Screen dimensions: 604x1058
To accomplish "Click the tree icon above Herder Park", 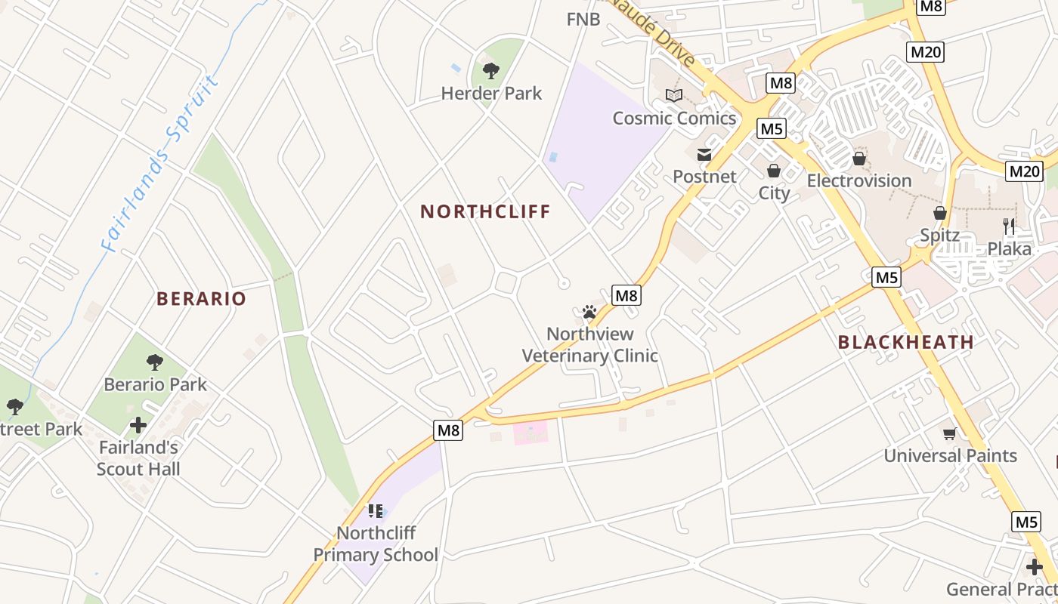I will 491,71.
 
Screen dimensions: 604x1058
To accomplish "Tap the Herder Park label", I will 491,94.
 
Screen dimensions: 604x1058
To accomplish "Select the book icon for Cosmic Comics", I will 673,95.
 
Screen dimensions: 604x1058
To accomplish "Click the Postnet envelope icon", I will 704,155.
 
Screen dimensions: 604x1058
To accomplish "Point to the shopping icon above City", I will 773,171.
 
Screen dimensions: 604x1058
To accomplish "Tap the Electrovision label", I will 859,181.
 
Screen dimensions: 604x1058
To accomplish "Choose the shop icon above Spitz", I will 940,213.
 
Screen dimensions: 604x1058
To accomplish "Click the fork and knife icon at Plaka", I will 1009,226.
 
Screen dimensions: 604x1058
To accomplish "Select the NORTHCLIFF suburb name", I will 485,211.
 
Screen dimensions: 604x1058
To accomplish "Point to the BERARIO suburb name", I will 201,298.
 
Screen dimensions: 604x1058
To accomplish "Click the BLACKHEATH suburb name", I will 905,342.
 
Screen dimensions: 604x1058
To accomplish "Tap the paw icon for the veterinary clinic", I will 589,311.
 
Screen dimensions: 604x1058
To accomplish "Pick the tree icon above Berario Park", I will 155,362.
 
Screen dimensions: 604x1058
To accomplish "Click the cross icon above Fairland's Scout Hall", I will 138,425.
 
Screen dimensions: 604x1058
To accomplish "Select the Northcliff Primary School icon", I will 376,511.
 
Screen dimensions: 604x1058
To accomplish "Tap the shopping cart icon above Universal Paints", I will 950,433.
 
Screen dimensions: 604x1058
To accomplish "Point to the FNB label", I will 583,20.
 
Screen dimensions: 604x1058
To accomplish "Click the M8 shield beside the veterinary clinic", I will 626,295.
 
